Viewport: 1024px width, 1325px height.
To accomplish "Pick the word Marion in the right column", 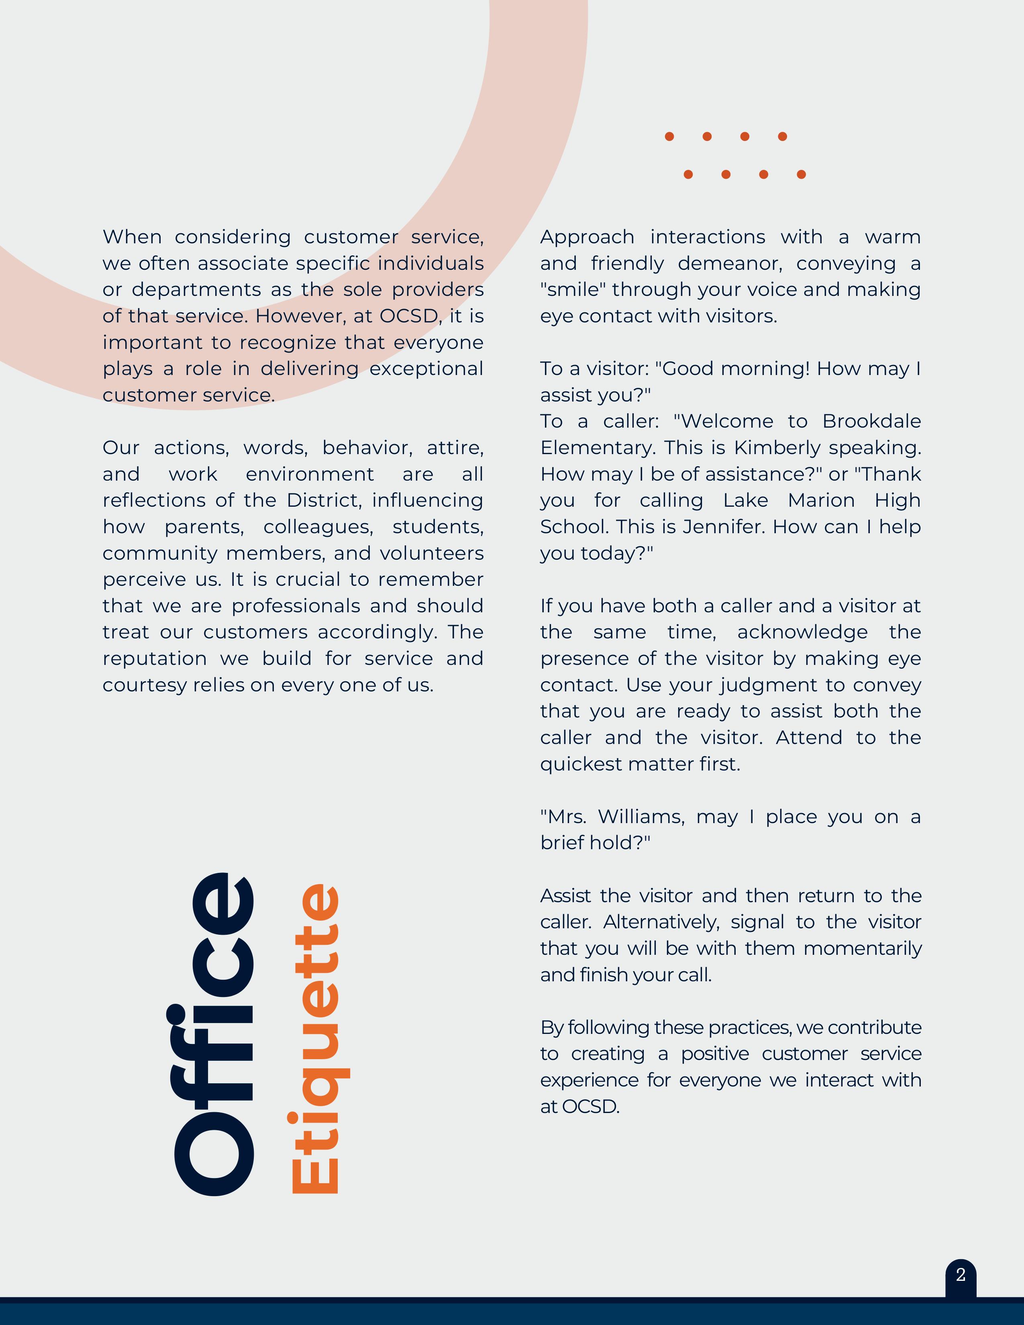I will point(821,501).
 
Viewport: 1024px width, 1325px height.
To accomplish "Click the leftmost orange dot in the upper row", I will point(669,137).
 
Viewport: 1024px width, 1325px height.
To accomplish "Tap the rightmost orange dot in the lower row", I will point(801,175).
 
